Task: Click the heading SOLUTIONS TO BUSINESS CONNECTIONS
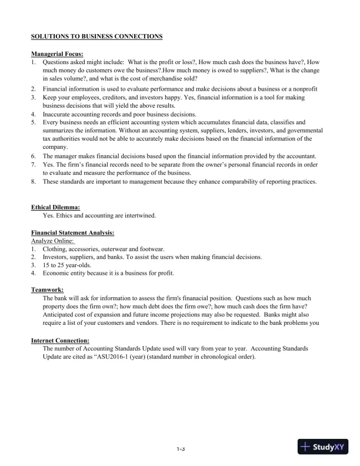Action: click(96, 37)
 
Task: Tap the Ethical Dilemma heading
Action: click(55, 207)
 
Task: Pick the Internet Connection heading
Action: click(60, 340)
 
